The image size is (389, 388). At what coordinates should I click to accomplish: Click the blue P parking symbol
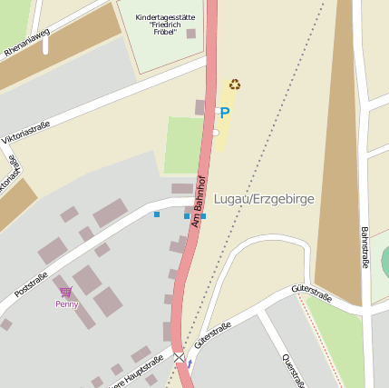point(224,114)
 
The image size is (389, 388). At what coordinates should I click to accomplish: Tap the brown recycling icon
point(235,85)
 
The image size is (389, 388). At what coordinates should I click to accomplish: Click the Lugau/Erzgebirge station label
point(264,199)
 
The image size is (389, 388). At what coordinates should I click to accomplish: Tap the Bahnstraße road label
point(365,247)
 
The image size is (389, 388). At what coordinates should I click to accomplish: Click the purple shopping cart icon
point(66,293)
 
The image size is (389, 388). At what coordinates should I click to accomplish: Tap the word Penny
point(66,304)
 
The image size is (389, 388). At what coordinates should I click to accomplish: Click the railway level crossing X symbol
point(180,357)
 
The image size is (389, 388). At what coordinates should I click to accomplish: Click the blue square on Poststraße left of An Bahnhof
point(157,214)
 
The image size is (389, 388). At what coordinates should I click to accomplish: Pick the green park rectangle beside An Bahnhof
point(183,145)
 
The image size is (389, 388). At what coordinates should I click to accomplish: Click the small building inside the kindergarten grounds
point(190,34)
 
